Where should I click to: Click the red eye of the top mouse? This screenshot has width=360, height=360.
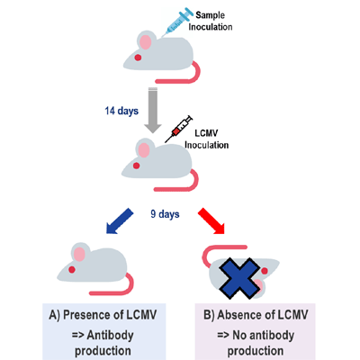[x=137, y=58]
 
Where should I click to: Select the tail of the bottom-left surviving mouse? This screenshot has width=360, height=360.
[x=126, y=285]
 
